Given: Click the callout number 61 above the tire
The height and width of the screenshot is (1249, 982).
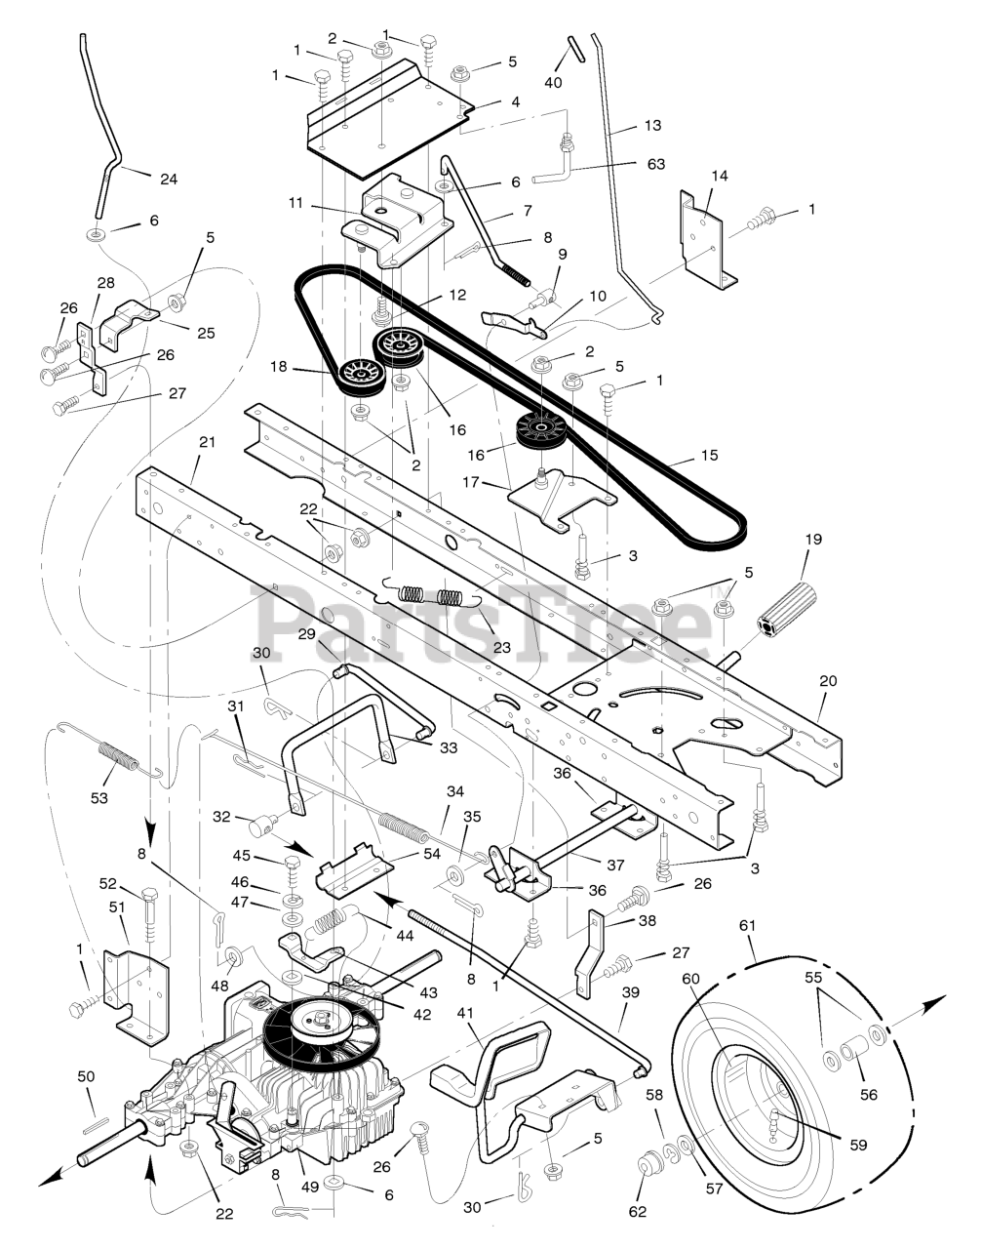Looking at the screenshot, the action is [747, 925].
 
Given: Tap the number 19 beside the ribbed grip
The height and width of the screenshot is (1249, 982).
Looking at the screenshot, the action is [814, 540].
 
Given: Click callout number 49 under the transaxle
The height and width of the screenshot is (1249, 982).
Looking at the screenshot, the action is [310, 1187].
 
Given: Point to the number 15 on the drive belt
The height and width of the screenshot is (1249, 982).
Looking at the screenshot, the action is [709, 455].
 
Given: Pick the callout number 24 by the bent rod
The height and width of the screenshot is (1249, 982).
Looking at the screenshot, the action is [169, 180].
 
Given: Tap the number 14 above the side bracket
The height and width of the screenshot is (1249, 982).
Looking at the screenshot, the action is [720, 176].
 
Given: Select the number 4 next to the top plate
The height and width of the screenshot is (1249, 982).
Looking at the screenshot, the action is [516, 102].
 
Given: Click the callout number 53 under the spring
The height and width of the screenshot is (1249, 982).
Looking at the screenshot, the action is [99, 798].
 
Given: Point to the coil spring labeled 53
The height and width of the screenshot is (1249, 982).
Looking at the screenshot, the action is [111, 752].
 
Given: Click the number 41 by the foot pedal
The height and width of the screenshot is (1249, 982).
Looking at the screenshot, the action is [465, 1013].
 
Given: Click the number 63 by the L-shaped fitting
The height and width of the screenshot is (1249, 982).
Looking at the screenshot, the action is [656, 164].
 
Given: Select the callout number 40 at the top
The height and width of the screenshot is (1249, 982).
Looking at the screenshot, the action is [553, 82].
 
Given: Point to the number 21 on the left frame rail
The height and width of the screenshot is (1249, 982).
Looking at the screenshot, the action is [207, 442].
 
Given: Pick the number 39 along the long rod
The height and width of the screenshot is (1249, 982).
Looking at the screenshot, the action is [630, 992].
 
